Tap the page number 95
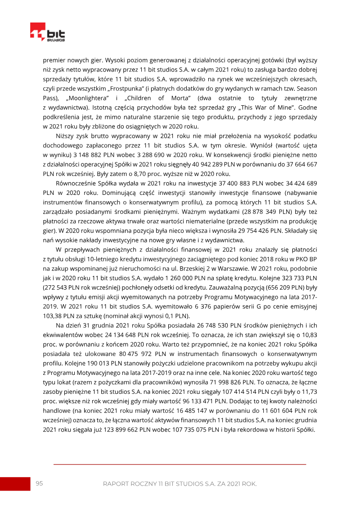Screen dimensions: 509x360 [39, 483]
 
